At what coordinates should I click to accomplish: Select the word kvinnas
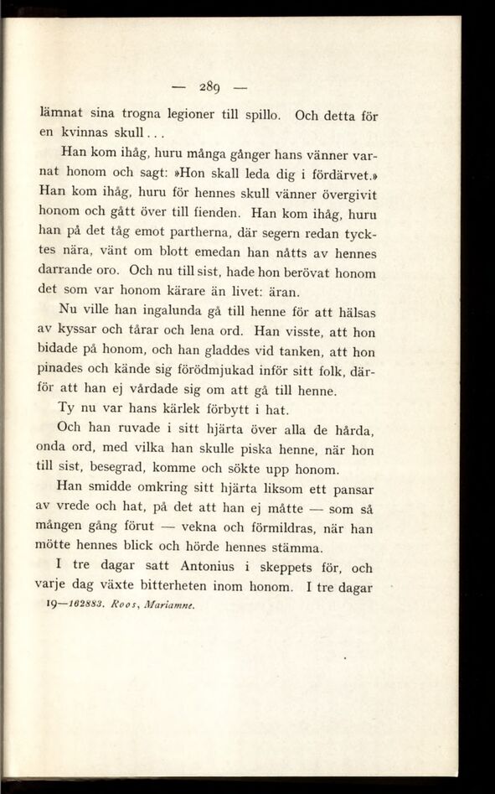(90, 132)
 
